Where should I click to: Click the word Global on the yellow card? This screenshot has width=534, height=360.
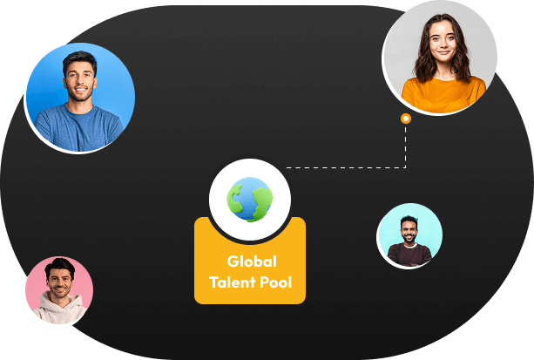[x=252, y=262]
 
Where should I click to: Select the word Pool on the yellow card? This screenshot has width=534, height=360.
[x=276, y=282]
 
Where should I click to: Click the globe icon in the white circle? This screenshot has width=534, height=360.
[x=250, y=200]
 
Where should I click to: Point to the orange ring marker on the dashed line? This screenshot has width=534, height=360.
[x=406, y=119]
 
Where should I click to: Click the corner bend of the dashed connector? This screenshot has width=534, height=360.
[x=405, y=167]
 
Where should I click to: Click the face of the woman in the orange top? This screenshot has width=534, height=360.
[x=443, y=44]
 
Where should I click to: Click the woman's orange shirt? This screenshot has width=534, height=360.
[x=443, y=95]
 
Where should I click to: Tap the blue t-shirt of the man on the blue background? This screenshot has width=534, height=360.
[x=78, y=129]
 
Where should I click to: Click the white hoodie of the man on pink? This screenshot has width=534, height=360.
[x=58, y=309]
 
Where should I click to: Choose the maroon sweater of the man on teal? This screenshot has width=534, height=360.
[x=409, y=255]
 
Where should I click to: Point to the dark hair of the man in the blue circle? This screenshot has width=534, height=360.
[x=79, y=59]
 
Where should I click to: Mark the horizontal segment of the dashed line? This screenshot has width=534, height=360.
[x=346, y=167]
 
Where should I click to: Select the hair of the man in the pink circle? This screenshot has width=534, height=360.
[x=60, y=264]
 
